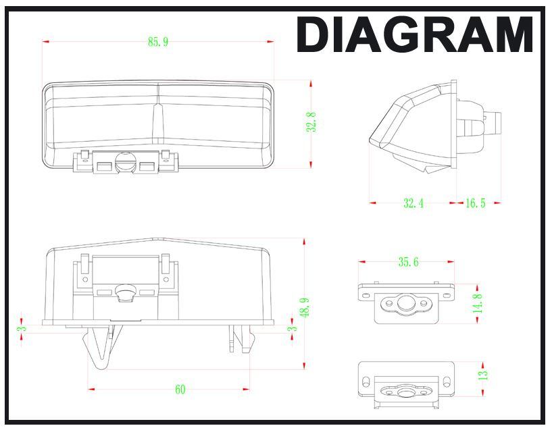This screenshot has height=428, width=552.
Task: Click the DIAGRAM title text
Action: pyautogui.click(x=414, y=35)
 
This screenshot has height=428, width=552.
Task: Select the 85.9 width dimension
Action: pyautogui.click(x=158, y=42)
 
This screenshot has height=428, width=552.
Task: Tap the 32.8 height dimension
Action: pyautogui.click(x=311, y=122)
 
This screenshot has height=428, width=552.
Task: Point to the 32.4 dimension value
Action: pyautogui.click(x=413, y=203)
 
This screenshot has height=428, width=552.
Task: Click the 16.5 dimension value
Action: pyautogui.click(x=475, y=203)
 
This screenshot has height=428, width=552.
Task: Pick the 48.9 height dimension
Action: pyautogui.click(x=305, y=308)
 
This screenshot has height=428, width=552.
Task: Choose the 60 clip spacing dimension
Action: pyautogui.click(x=180, y=390)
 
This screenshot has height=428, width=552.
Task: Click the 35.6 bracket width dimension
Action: pyautogui.click(x=408, y=262)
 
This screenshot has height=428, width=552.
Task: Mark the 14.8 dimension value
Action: pyautogui.click(x=478, y=304)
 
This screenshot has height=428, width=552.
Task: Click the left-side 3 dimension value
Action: pyautogui.click(x=22, y=329)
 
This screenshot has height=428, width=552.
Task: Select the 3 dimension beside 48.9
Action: pyautogui.click(x=292, y=329)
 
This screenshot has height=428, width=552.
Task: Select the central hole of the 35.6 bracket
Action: pyautogui.click(x=406, y=303)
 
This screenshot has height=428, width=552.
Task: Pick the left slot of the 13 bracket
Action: pyautogui.click(x=366, y=381)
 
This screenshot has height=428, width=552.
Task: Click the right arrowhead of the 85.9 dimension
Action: pyautogui.click(x=270, y=41)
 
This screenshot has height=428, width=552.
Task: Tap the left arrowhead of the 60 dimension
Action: pyautogui.click(x=91, y=389)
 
